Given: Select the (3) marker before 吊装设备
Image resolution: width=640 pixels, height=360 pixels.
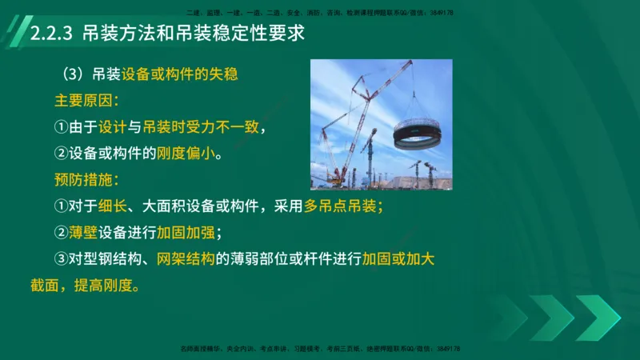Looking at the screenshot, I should (x=79, y=75).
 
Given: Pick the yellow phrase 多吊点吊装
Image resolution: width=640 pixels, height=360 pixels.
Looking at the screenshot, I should (x=342, y=206).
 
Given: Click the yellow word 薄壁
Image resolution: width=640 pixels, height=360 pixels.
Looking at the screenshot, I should (x=84, y=232).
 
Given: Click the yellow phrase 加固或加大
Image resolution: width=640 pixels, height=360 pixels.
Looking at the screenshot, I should (x=398, y=258).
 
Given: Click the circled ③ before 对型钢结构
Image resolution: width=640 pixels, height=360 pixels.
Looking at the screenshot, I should (x=62, y=258).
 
